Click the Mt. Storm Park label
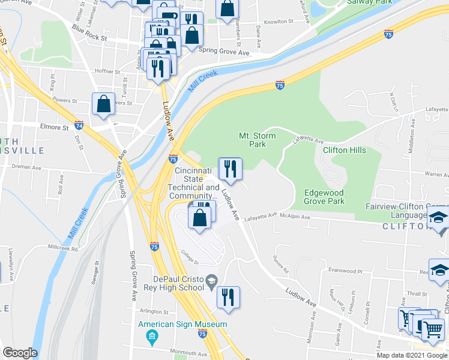[x=258, y=140]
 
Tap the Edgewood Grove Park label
[x=324, y=197]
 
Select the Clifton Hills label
[x=345, y=150]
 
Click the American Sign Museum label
[x=182, y=325]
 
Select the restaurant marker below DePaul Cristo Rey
[x=228, y=298]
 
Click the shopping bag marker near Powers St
[x=104, y=103]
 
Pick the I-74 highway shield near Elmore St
[x=79, y=125]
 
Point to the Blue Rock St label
[x=88, y=33]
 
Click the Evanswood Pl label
[x=345, y=271]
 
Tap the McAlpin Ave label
[x=298, y=214]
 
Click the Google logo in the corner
[x=20, y=353]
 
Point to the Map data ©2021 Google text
[x=412, y=355]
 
